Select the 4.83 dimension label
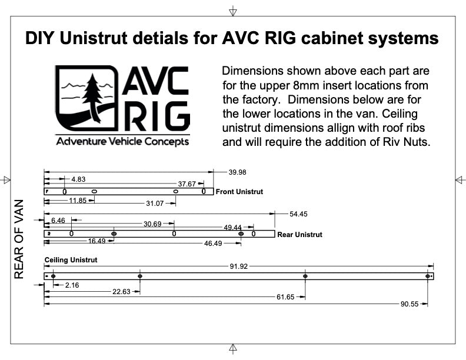pyautogui.click(x=78, y=179)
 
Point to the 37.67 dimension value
pyautogui.click(x=187, y=184)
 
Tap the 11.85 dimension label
pyautogui.click(x=78, y=201)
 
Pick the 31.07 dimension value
pyautogui.click(x=155, y=203)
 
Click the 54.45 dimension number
pyautogui.click(x=299, y=214)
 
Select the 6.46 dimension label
pyautogui.click(x=58, y=221)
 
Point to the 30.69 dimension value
pyautogui.click(x=152, y=224)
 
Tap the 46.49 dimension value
pyautogui.click(x=214, y=243)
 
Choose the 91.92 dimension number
pyautogui.click(x=239, y=266)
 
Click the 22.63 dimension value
pyautogui.click(x=122, y=291)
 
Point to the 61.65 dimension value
pyautogui.click(x=285, y=297)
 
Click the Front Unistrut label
pyautogui.click(x=239, y=192)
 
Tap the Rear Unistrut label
pyautogui.click(x=299, y=234)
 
